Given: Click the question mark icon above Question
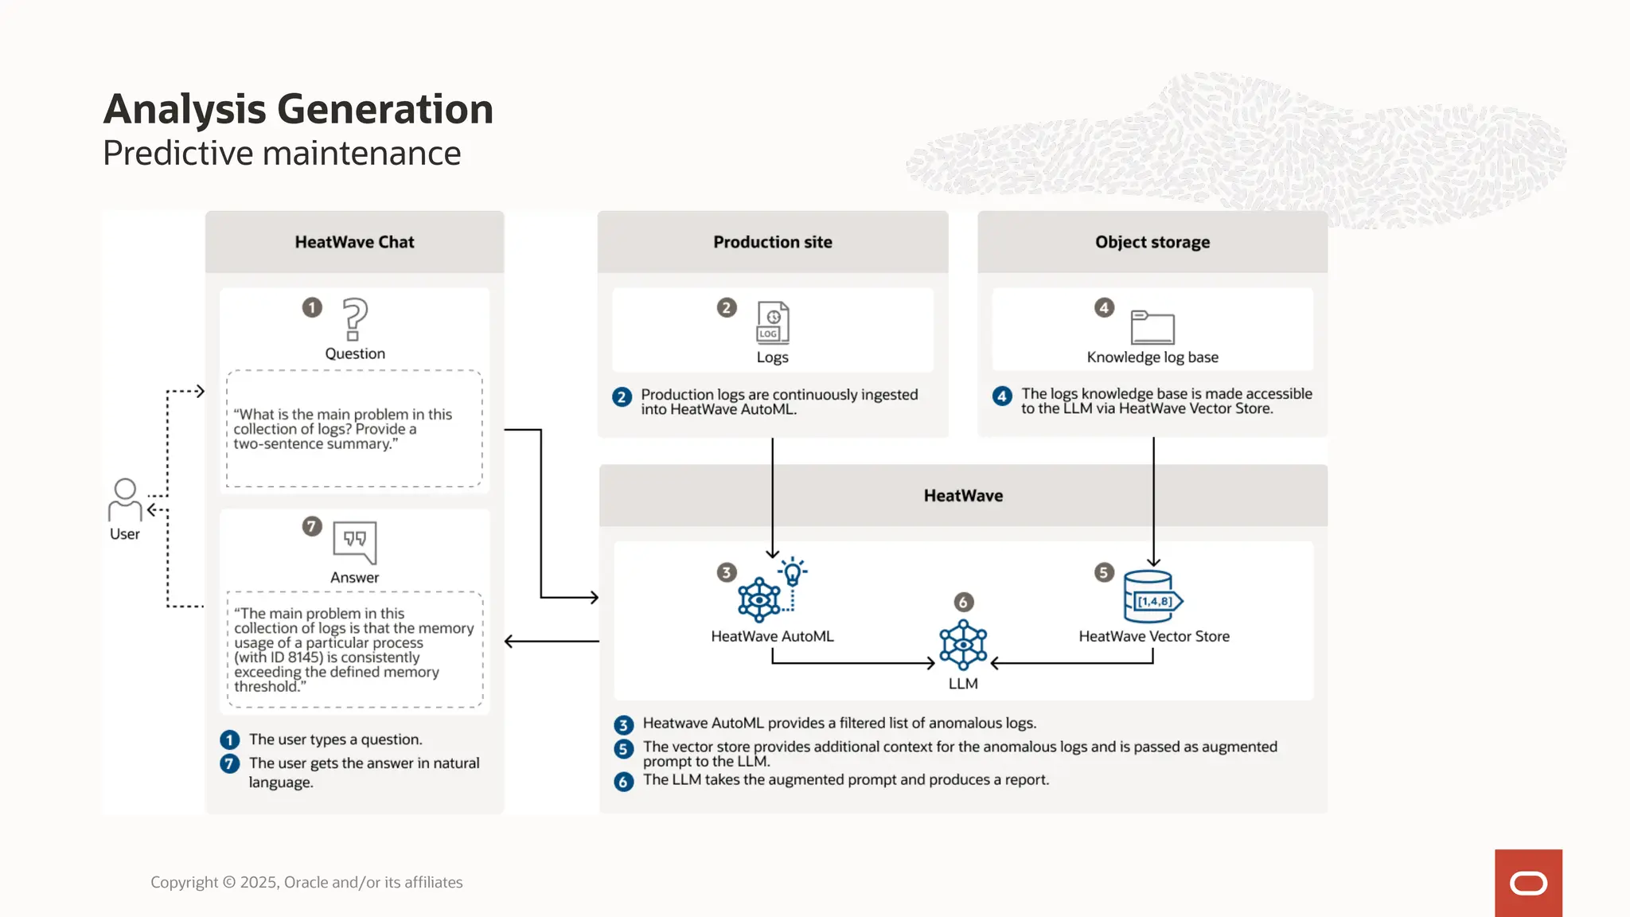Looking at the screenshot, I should (x=355, y=318).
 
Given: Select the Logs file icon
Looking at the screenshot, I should (x=773, y=322).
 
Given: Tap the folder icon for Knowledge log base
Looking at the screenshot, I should (x=1152, y=326).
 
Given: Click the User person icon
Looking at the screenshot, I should (x=125, y=500).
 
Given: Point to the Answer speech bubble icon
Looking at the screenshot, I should (x=355, y=541).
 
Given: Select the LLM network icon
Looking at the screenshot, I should (x=963, y=645).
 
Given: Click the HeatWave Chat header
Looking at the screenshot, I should (x=355, y=242).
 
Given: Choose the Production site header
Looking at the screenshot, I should (x=772, y=242).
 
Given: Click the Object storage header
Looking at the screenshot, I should (x=1152, y=242).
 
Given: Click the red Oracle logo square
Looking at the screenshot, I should (x=1528, y=883).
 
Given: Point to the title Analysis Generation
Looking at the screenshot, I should (x=298, y=109).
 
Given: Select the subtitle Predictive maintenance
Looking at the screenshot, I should (x=282, y=153).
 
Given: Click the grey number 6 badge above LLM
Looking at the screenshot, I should (x=963, y=602).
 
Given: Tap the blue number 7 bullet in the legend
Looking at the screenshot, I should (x=229, y=764).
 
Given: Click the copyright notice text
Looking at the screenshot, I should (x=306, y=882).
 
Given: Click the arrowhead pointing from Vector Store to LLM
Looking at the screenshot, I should (x=995, y=662).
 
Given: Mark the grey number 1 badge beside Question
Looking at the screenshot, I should (x=312, y=307).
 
